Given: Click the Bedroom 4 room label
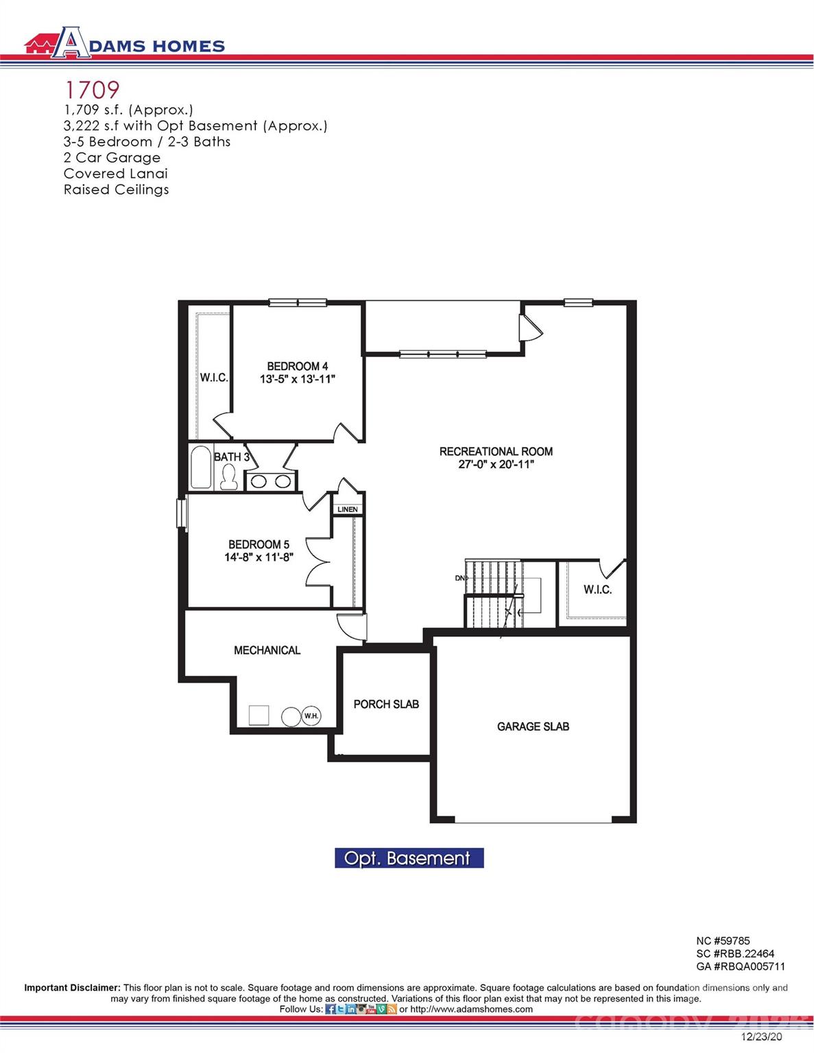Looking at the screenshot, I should pyautogui.click(x=297, y=366).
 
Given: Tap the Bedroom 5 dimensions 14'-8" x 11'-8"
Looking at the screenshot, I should pyautogui.click(x=259, y=557).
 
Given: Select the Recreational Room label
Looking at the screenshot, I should pyautogui.click(x=496, y=451).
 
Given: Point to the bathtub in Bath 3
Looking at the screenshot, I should pyautogui.click(x=201, y=468).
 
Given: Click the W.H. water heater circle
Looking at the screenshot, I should pyautogui.click(x=311, y=716).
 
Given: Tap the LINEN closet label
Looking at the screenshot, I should pyautogui.click(x=347, y=509).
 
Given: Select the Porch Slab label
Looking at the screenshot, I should pyautogui.click(x=386, y=704).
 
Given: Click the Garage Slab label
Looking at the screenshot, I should pyautogui.click(x=533, y=726).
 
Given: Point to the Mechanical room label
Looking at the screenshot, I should pyautogui.click(x=267, y=650).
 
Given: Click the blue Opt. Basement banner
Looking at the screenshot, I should pyautogui.click(x=409, y=858).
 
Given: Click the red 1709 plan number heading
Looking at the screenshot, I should pyautogui.click(x=92, y=89).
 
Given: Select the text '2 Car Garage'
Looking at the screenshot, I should pyautogui.click(x=112, y=158).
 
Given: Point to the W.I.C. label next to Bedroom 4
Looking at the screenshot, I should pyautogui.click(x=214, y=378).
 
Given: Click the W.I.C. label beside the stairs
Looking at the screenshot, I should pyautogui.click(x=597, y=590).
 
